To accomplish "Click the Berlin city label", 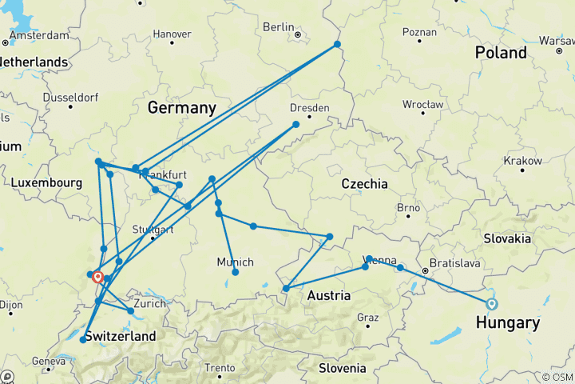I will [x=279, y=27].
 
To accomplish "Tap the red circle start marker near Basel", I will [x=97, y=278].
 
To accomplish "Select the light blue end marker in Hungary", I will [x=491, y=303].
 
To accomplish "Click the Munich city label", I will [x=235, y=262].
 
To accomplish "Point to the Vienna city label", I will [x=380, y=259].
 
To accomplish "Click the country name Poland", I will [x=501, y=53].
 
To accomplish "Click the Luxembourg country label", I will [x=46, y=183].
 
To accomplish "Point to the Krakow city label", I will [x=523, y=161].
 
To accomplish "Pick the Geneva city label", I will [x=48, y=361].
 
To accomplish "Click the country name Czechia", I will [x=364, y=184].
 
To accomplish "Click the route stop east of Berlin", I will [x=337, y=44].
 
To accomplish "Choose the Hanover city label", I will [x=172, y=34].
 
